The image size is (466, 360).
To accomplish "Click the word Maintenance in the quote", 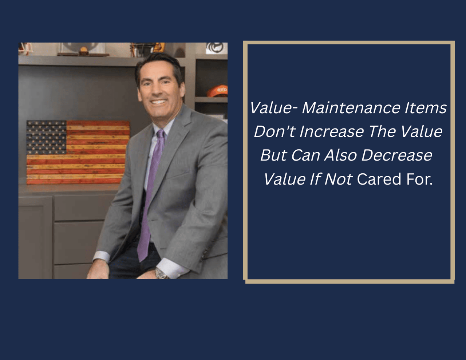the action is click(x=351, y=108).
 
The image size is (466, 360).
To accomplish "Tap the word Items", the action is click(x=426, y=108).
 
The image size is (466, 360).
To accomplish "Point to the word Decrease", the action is click(x=397, y=155).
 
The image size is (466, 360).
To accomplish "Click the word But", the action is click(x=274, y=155).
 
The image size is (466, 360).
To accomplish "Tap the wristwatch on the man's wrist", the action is click(x=161, y=274).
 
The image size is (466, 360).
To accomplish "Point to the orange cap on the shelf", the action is click(x=217, y=91).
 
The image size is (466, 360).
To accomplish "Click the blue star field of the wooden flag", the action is click(x=46, y=137).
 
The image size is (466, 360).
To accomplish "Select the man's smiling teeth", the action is click(x=158, y=102).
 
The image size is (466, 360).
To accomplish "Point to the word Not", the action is click(x=338, y=179).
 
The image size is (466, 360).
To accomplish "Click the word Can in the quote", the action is click(x=305, y=155).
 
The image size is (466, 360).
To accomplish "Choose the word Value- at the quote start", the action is click(x=274, y=108).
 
